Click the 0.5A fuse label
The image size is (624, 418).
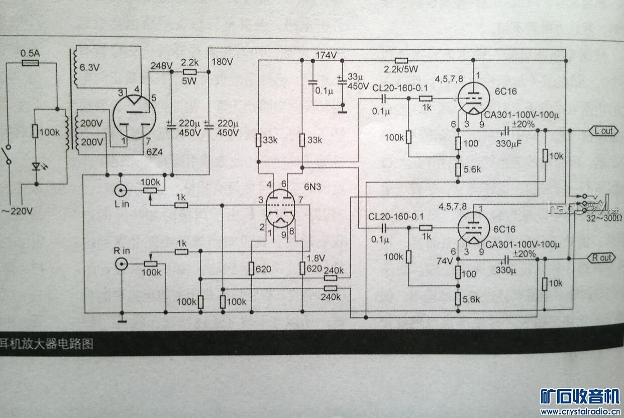tap(30, 53)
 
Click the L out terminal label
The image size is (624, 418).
tap(603, 131)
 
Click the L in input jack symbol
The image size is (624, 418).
tap(121, 190)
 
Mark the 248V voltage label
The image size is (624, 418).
tap(161, 65)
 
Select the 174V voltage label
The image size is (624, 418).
tap(326, 55)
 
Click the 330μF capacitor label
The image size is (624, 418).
tap(508, 143)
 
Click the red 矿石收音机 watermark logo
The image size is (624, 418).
tap(580, 396)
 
